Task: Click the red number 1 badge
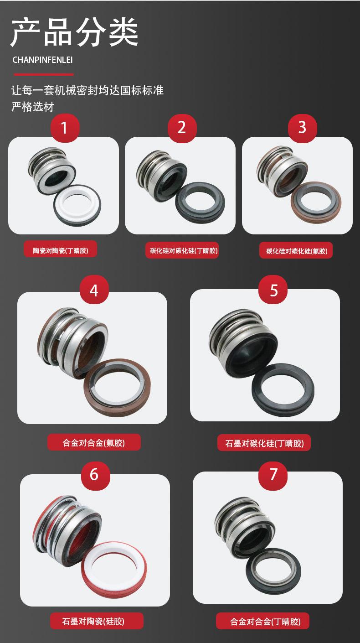click(x=65, y=128)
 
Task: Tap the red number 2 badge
click(x=182, y=128)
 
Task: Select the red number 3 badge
click(x=302, y=128)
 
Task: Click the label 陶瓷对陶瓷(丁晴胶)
click(x=61, y=251)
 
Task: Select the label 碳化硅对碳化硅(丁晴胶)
click(x=182, y=251)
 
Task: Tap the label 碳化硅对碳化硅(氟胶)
click(x=296, y=251)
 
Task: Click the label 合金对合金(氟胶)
click(x=94, y=443)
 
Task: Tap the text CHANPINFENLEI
click(x=42, y=60)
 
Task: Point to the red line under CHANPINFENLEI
click(x=44, y=74)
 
